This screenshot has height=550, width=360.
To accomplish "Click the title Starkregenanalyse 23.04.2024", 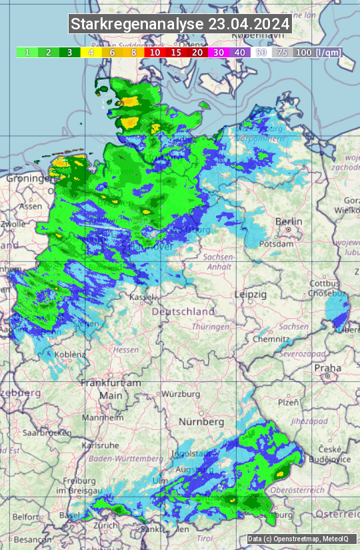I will click(180, 25).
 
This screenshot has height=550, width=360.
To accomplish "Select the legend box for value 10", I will click(155, 52).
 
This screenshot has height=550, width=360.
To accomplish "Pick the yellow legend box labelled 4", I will click(91, 52).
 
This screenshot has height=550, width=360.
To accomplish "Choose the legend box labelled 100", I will click(303, 52).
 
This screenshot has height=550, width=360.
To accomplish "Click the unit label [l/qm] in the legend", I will click(327, 52).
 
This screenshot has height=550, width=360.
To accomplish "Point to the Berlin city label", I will click(289, 221).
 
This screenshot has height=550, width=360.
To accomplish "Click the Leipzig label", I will click(251, 294).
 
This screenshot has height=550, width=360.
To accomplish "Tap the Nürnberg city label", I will click(201, 422).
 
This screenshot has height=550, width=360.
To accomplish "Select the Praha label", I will click(327, 368).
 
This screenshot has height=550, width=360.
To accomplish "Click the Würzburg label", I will click(181, 394).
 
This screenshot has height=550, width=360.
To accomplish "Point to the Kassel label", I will click(141, 297).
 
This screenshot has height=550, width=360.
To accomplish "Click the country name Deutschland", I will click(183, 311).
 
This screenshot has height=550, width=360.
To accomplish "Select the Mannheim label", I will click(101, 417).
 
